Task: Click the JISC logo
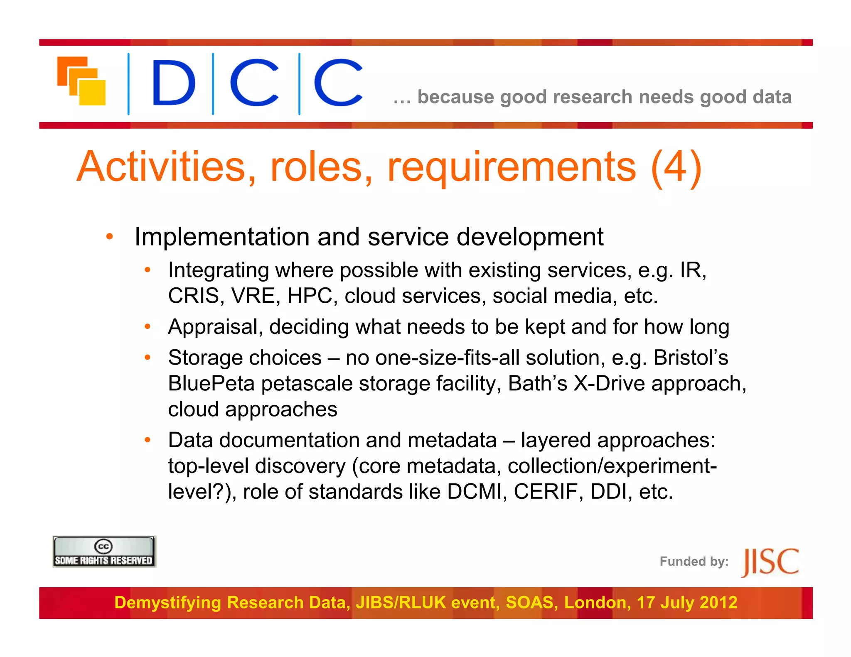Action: click(x=770, y=562)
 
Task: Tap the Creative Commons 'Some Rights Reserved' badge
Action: click(x=104, y=552)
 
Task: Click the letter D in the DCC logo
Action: click(x=173, y=83)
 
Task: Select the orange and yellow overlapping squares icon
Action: click(x=81, y=81)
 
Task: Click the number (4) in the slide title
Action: click(x=676, y=167)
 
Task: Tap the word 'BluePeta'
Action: click(x=211, y=383)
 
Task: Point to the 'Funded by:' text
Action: click(x=694, y=561)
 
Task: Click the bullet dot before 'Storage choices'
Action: click(x=147, y=358)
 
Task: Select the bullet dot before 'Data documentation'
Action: click(x=147, y=440)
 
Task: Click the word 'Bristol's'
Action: click(x=691, y=358)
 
